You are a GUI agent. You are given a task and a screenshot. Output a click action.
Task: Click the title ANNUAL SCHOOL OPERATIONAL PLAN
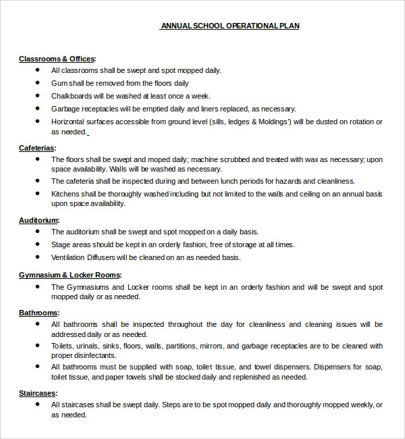click(x=230, y=26)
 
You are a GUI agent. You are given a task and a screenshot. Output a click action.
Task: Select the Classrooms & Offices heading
click(x=57, y=59)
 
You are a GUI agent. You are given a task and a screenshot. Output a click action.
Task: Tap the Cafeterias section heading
click(x=37, y=148)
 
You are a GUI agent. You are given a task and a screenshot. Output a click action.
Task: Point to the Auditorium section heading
click(x=39, y=220)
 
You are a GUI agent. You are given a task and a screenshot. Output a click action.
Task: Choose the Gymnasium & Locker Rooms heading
click(x=70, y=275)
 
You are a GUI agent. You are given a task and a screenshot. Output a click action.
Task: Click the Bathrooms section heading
click(x=39, y=313)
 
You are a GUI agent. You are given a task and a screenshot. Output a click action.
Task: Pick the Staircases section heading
click(x=38, y=393)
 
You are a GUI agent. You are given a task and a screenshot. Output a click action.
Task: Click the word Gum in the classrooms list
click(x=59, y=83)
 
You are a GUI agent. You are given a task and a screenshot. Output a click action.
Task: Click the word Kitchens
click(x=66, y=194)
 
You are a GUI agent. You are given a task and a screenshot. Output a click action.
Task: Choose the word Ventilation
click(x=70, y=257)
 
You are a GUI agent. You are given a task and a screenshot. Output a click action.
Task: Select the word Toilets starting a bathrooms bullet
click(x=63, y=346)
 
